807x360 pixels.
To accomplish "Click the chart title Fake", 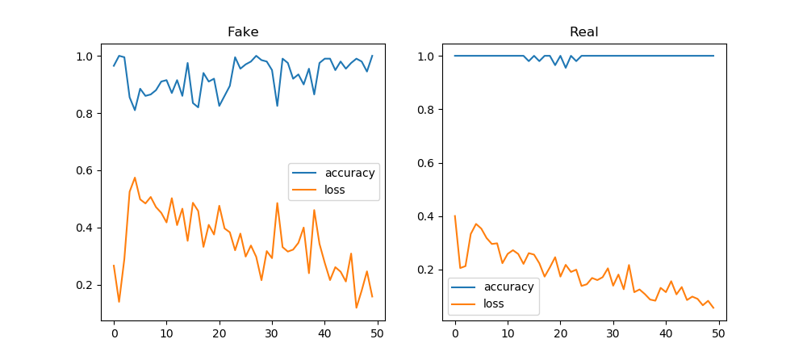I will click(x=243, y=32).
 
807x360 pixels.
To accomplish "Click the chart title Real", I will click(x=583, y=32).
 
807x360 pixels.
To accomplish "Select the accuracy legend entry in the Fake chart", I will click(x=350, y=173).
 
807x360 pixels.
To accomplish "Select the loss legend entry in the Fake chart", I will click(x=334, y=190).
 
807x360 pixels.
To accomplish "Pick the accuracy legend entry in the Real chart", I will click(x=508, y=287).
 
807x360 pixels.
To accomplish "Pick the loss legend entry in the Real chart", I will click(x=493, y=304).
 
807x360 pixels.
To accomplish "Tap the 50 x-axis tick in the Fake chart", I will click(x=377, y=330).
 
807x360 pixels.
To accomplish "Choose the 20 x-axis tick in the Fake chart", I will click(x=219, y=330).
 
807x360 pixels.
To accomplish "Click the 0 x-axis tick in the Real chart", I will click(x=455, y=330).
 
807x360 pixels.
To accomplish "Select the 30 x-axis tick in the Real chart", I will click(x=613, y=330).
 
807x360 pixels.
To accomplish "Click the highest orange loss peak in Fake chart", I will click(x=135, y=178).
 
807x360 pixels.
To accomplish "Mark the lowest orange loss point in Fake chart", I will click(x=356, y=308).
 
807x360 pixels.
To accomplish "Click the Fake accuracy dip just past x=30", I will click(x=277, y=106).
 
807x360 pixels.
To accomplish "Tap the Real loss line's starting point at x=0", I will click(x=455, y=216).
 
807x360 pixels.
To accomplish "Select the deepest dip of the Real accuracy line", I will click(x=566, y=68).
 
